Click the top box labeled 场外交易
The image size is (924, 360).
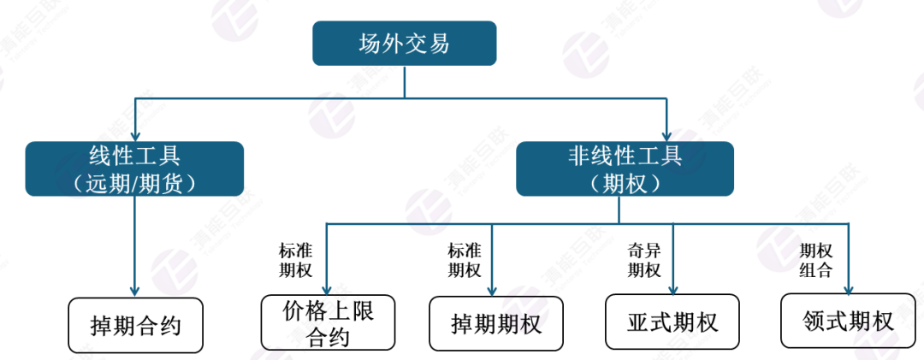(404, 43)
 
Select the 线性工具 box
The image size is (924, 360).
(134, 168)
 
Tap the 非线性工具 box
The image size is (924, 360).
(625, 168)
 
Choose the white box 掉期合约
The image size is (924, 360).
(135, 325)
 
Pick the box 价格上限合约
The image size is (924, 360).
(329, 322)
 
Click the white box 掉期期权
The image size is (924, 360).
(495, 323)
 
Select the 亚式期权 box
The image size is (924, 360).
(672, 322)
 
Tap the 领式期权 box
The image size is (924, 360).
(847, 321)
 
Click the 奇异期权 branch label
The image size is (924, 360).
(644, 261)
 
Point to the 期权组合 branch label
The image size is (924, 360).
(815, 261)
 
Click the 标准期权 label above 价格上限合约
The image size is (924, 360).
(295, 261)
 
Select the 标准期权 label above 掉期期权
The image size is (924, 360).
(465, 261)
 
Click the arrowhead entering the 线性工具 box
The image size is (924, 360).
(135, 136)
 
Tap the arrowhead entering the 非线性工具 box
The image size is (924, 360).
(666, 136)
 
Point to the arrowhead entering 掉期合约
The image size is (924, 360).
(135, 292)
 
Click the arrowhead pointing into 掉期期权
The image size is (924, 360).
(491, 291)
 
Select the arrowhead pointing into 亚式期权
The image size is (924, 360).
(673, 289)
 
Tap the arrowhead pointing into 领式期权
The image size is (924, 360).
(850, 288)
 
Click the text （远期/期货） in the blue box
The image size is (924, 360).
(134, 183)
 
